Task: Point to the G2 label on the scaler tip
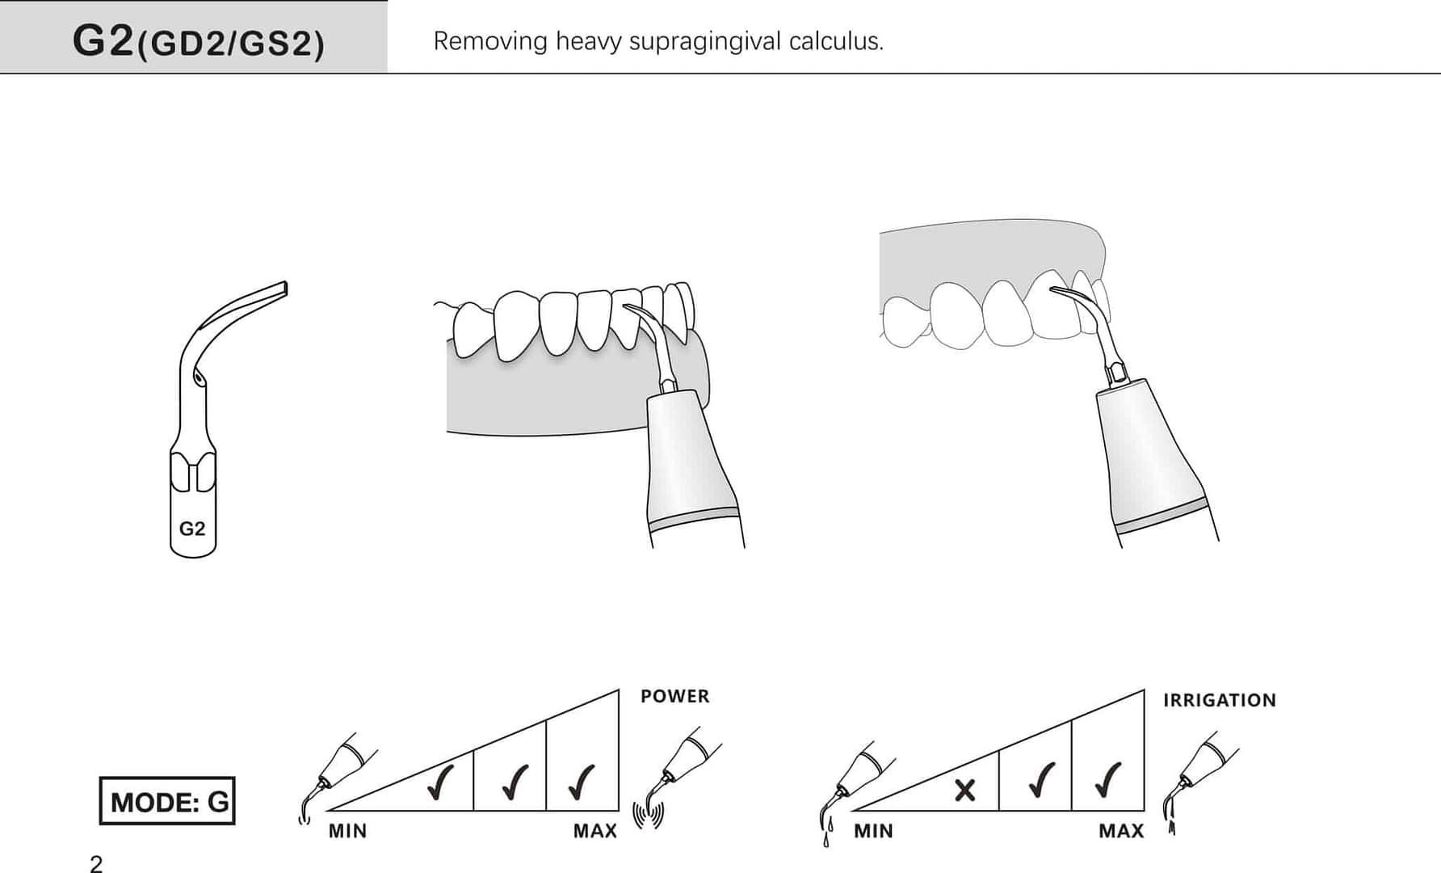tap(192, 529)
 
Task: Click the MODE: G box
tap(167, 801)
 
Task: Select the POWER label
tap(674, 696)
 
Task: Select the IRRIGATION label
tap(1219, 700)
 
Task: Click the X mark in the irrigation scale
tap(964, 790)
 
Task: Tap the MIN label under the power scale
tap(347, 831)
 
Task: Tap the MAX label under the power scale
tap(595, 831)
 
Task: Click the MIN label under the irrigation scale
tap(873, 831)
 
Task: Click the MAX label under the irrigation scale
tap(1121, 831)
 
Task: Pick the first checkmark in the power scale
tap(440, 781)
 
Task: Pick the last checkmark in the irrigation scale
tap(1107, 779)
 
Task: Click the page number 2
tap(96, 863)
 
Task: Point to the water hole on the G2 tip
tap(198, 377)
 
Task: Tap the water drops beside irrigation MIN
tap(826, 831)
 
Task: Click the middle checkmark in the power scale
tap(514, 781)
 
